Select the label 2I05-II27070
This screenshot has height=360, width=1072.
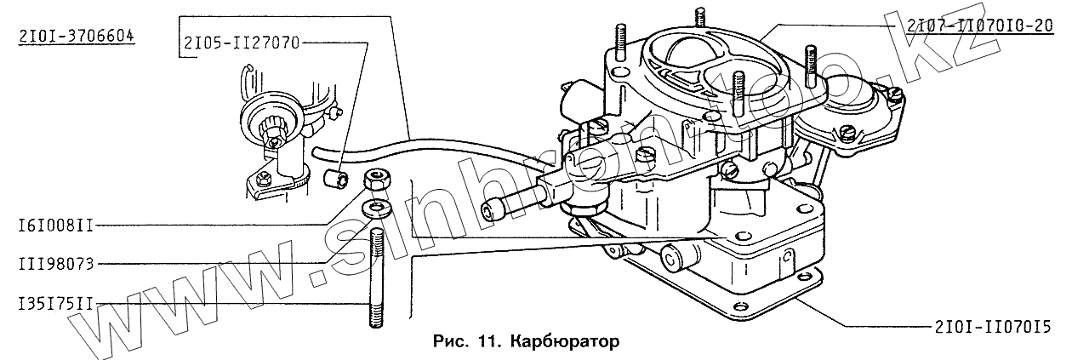point(239,42)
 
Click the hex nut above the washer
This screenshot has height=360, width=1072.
point(375,180)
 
